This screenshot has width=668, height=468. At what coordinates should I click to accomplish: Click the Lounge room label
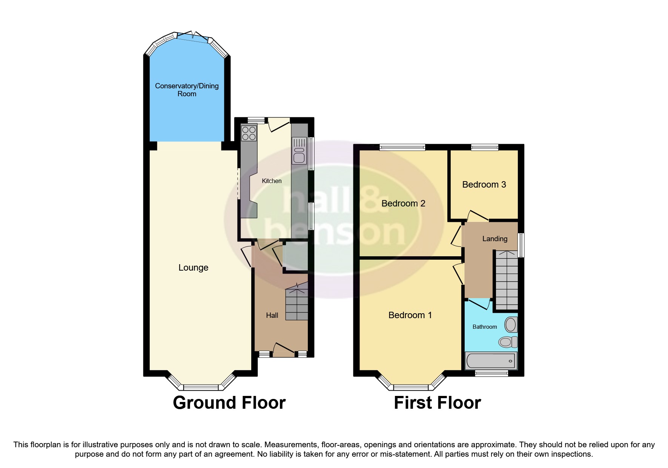coord(193,268)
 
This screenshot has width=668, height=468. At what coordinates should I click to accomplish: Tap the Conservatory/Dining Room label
coord(187,90)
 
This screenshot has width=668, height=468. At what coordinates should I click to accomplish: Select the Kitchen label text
coord(272,181)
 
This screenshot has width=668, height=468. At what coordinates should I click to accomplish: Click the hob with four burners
coord(249,133)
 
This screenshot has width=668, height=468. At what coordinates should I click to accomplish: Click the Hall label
coord(272,315)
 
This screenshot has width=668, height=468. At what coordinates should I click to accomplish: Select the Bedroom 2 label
coord(403,203)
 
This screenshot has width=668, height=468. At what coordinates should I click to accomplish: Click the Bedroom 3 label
coord(484,185)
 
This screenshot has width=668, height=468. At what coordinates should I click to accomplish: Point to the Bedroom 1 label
coord(410,315)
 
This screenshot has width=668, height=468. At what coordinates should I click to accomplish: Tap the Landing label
coord(494,239)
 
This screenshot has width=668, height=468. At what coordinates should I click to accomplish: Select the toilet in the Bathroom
coord(508,342)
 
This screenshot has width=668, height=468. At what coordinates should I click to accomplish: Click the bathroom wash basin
coord(511,324)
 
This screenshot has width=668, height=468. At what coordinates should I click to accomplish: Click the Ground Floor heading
coord(229,403)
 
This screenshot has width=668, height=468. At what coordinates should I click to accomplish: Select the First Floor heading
coord(437,403)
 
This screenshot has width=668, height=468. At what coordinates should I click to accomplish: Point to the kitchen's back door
coord(279,125)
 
